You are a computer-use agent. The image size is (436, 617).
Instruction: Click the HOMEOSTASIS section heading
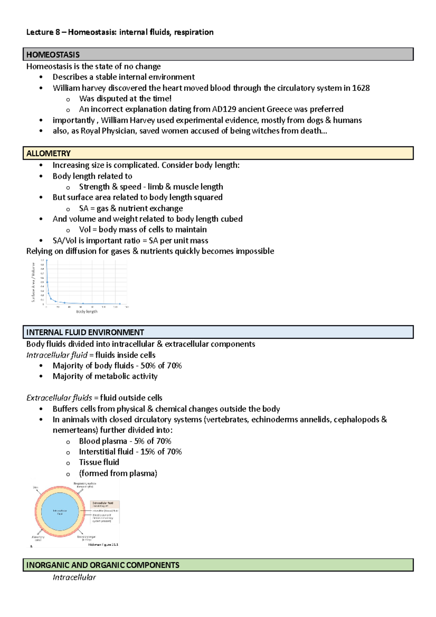coord(53,55)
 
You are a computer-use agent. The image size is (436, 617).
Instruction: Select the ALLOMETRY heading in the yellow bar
coord(48,153)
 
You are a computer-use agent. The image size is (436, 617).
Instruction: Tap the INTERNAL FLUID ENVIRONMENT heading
coord(85,332)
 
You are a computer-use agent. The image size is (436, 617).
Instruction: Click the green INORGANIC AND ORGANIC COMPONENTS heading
coord(103,565)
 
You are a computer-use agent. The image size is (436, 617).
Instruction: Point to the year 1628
coord(361,88)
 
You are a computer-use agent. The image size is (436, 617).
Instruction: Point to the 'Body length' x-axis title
coord(86,311)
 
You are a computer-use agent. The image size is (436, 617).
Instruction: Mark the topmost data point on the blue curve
coord(47,260)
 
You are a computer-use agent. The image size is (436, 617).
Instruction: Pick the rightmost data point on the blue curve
coord(120,304)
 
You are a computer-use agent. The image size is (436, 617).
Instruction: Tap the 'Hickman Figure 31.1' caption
coord(103,545)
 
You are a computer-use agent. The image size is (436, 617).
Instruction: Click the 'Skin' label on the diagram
coord(36,487)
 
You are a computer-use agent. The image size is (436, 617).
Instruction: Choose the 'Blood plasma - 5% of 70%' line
coord(125,441)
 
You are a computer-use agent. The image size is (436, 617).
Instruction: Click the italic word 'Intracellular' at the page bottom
coord(74,577)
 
